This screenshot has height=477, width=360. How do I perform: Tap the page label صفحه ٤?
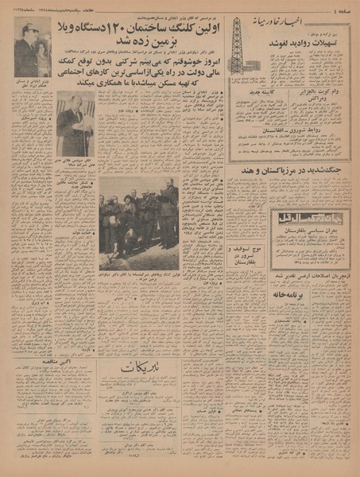(x=343, y=7)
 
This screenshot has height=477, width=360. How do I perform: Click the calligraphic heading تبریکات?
(x=144, y=369)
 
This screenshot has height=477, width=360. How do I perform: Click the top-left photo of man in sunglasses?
(x=32, y=48)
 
